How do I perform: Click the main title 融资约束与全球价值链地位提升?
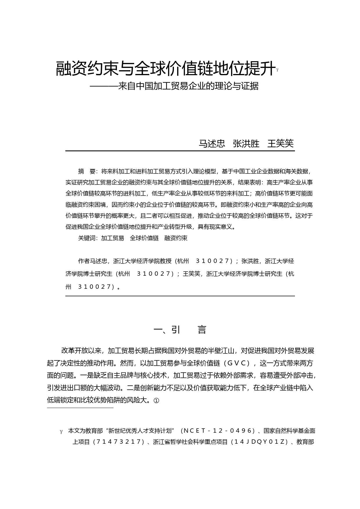tap(165, 68)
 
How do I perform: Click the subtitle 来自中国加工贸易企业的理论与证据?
tap(188, 86)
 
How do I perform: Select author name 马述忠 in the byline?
tap(212, 144)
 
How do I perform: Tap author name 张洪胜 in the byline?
tap(246, 144)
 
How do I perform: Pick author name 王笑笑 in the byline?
tap(280, 144)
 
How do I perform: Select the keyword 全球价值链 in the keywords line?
tap(144, 238)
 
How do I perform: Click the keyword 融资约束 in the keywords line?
tap(176, 238)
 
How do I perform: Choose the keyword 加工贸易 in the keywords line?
tap(112, 238)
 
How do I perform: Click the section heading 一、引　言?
tap(180, 330)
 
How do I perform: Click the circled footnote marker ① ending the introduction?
tap(156, 400)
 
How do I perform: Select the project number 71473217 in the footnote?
tap(120, 442)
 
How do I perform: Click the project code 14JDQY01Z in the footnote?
tap(260, 442)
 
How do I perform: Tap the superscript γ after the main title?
tap(278, 70)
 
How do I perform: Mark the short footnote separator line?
tap(80, 408)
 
